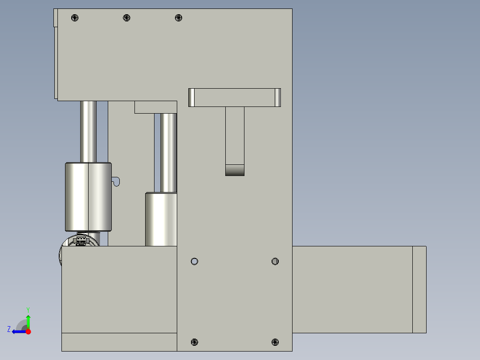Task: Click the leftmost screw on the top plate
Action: [74, 18]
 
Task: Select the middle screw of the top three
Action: [126, 18]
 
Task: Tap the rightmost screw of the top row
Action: [179, 18]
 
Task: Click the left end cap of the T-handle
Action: [191, 98]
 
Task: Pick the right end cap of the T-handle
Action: [277, 98]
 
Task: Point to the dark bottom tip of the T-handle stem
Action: [235, 170]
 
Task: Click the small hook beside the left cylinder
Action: [116, 181]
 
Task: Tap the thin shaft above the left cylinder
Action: [88, 131]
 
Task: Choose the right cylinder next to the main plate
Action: [161, 219]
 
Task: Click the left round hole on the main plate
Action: [194, 261]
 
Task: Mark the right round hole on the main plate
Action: [275, 261]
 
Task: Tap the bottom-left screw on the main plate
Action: [194, 342]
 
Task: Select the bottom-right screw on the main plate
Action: [275, 342]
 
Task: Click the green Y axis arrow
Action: [28, 320]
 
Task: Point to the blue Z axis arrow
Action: [17, 331]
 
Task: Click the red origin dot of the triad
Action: [28, 331]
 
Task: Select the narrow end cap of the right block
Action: [419, 290]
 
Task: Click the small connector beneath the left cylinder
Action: [81, 241]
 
